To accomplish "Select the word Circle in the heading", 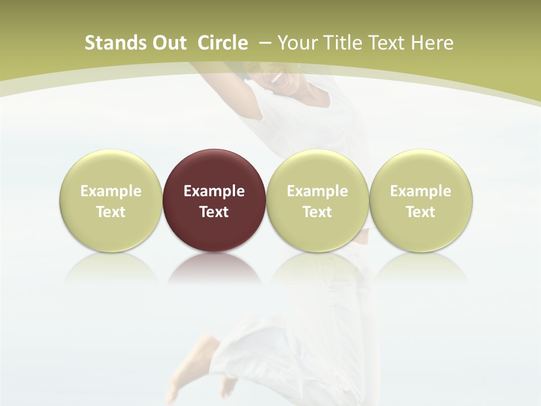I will pyautogui.click(x=222, y=43).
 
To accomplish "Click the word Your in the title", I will pyautogui.click(x=296, y=43).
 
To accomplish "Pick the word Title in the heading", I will pyautogui.click(x=339, y=43).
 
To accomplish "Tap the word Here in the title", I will pyautogui.click(x=432, y=43).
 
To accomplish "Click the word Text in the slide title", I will pyautogui.click(x=387, y=43).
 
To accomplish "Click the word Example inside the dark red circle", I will pyautogui.click(x=214, y=191).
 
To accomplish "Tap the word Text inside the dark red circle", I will pyautogui.click(x=214, y=212).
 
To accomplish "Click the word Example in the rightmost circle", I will pyautogui.click(x=421, y=191).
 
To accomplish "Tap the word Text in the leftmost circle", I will pyautogui.click(x=111, y=212).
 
